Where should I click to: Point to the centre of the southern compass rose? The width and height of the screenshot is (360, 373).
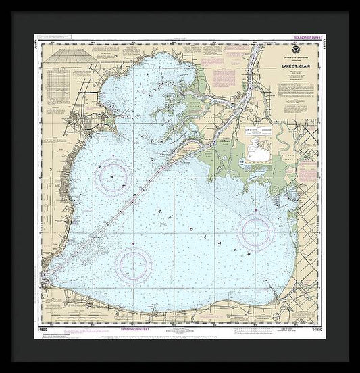pos(133,261)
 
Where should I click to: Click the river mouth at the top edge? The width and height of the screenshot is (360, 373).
pos(259,48)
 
